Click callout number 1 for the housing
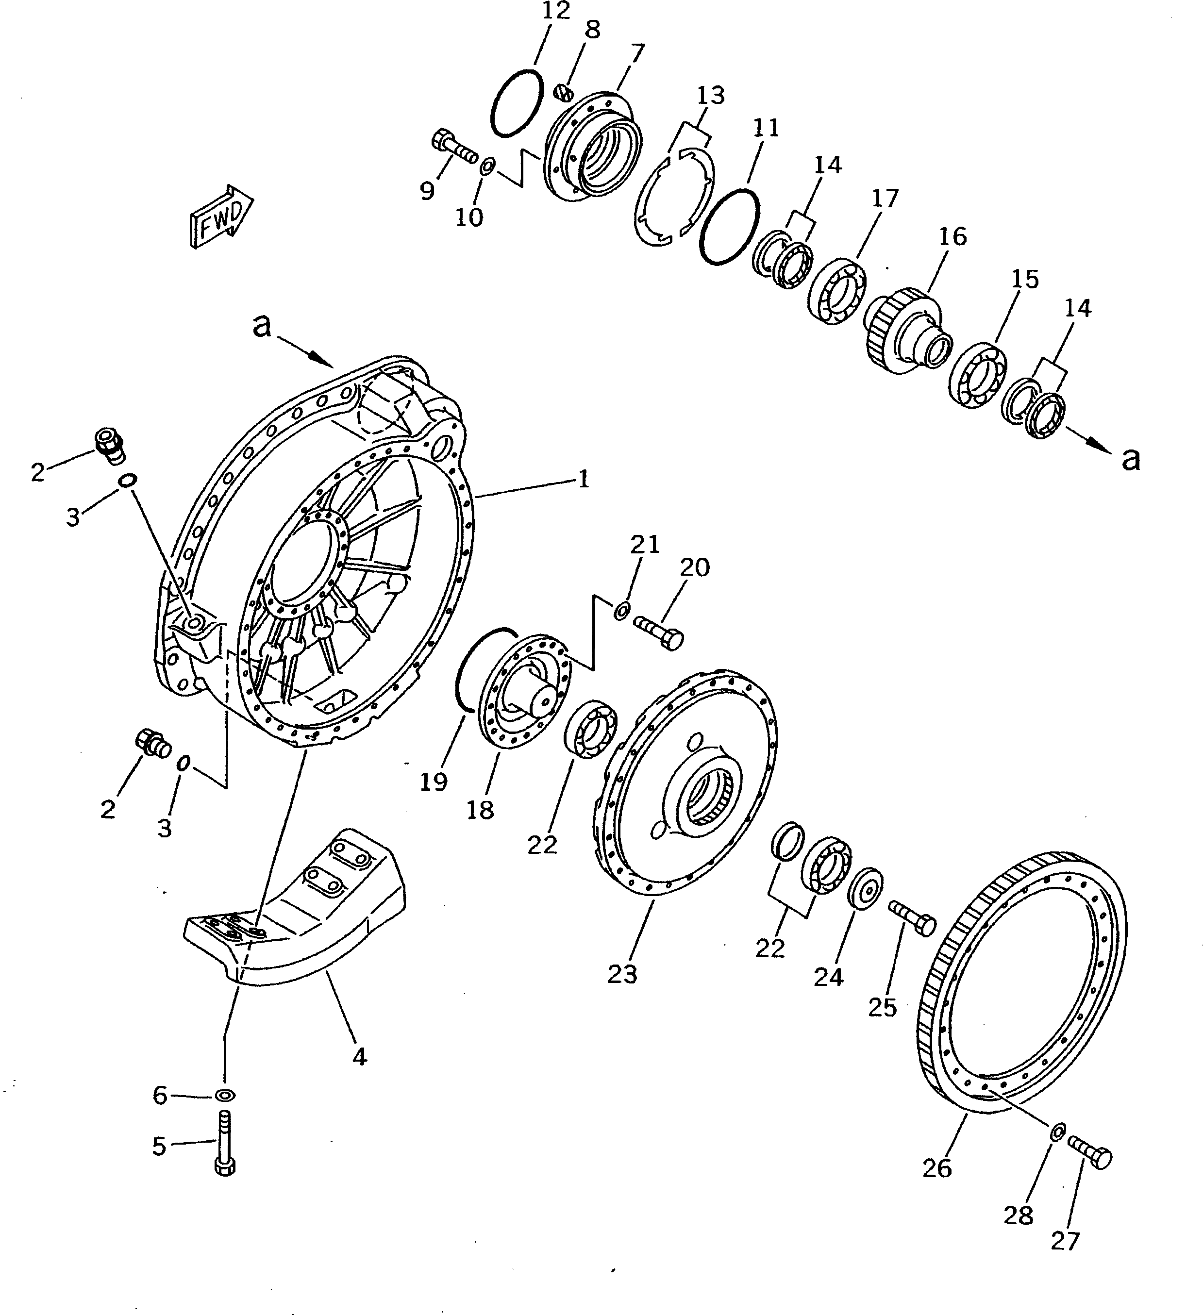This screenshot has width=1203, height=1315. pos(583,480)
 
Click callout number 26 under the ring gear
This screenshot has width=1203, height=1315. pos(937,1167)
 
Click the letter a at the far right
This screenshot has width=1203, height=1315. pos(1131,459)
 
